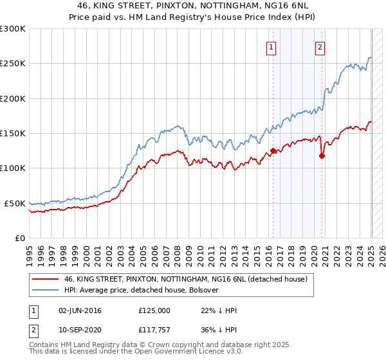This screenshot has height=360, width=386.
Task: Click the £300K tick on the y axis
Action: pos(12,29)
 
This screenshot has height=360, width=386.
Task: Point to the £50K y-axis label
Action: pos(14,203)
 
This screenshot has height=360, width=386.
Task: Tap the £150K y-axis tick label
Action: pos(12,134)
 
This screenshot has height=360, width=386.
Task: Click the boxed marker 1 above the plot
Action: pos(271,46)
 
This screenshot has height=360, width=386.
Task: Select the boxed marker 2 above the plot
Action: pos(320,46)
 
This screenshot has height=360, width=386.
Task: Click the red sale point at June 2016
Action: pos(273,151)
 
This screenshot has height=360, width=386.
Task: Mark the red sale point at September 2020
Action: pos(322,156)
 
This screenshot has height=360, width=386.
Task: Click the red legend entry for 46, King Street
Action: pos(186,279)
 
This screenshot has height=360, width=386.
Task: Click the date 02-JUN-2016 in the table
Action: pos(80,310)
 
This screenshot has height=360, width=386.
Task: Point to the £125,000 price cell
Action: pos(154,310)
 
